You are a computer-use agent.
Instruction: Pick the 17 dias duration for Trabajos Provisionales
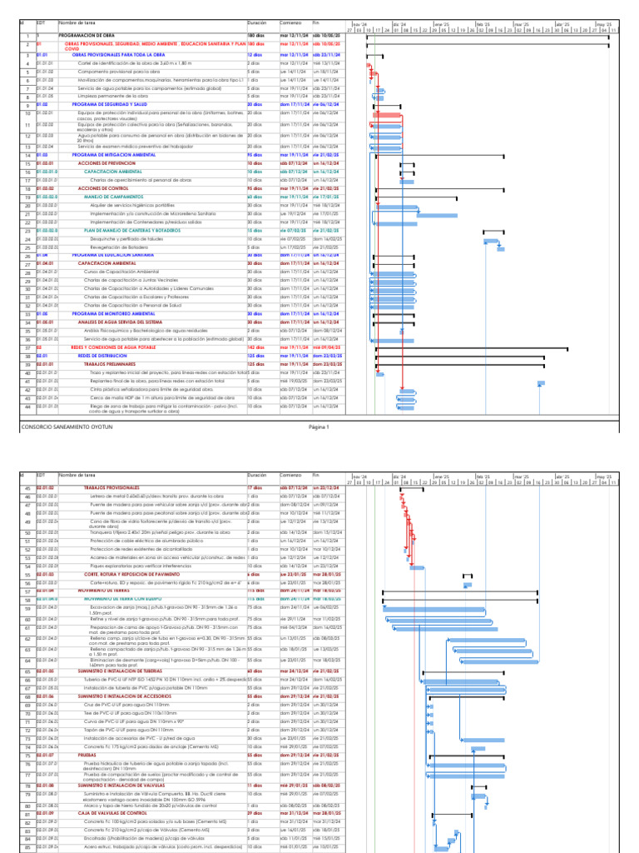click(255, 487)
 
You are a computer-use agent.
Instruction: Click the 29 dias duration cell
click(255, 813)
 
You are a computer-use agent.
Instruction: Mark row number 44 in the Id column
click(27, 407)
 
